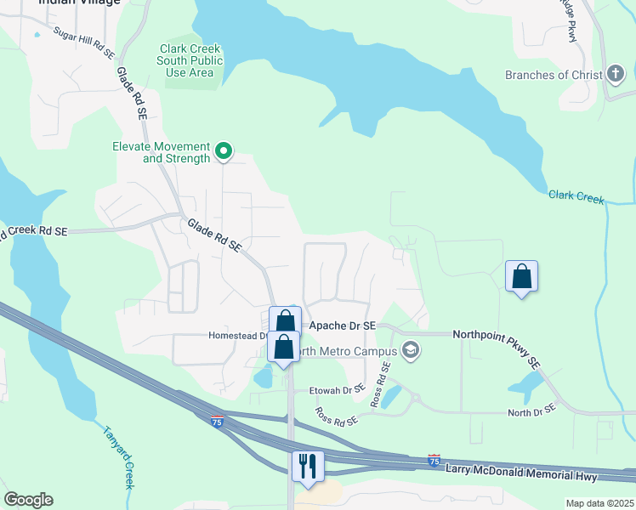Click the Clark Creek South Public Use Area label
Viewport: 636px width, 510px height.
190,60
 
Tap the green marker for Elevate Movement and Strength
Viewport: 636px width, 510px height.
224,152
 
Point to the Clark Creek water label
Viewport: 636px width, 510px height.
576,197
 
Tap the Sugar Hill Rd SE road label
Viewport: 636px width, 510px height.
83,42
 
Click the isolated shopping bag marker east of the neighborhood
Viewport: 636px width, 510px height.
521,277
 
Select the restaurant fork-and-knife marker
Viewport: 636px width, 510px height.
307,466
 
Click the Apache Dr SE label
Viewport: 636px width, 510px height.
342,326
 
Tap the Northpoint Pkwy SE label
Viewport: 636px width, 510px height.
497,349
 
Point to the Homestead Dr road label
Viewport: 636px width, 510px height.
236,336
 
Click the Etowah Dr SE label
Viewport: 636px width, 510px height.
335,389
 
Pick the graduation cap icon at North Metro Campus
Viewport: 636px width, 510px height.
411,351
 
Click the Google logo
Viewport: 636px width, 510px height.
28,500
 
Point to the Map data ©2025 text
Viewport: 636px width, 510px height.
599,503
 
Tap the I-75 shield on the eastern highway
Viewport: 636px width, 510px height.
434,460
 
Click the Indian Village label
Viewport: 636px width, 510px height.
79,3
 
